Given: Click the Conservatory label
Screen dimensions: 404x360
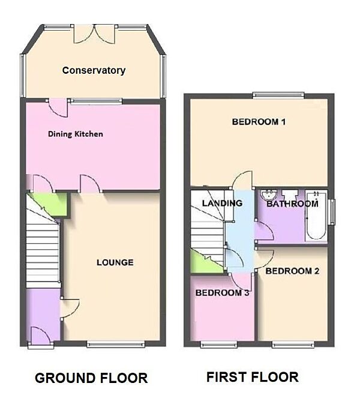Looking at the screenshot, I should pyautogui.click(x=94, y=70).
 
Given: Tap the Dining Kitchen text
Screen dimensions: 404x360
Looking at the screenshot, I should pyautogui.click(x=75, y=134).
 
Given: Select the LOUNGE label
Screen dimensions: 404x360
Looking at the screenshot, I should pyautogui.click(x=115, y=262).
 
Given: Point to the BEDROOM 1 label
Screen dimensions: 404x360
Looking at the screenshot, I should pyautogui.click(x=258, y=122).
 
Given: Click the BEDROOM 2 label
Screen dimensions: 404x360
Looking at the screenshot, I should pyautogui.click(x=292, y=271).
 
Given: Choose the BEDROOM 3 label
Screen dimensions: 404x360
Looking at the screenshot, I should pyautogui.click(x=223, y=293).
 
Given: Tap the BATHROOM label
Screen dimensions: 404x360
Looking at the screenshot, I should pyautogui.click(x=292, y=204).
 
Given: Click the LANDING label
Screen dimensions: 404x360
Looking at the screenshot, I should pyautogui.click(x=221, y=203).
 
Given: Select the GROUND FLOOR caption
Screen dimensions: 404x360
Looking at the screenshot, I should pyautogui.click(x=91, y=378).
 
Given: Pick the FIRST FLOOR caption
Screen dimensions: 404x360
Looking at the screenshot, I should pyautogui.click(x=252, y=377).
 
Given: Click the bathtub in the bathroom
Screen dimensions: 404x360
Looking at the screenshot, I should pyautogui.click(x=316, y=217).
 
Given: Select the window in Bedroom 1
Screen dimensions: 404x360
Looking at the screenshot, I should pyautogui.click(x=278, y=94).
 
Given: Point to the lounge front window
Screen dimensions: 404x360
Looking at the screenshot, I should pyautogui.click(x=115, y=344).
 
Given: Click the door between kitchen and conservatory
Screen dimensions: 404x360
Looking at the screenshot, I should pyautogui.click(x=58, y=107).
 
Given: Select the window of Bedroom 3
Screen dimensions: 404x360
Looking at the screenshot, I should pyautogui.click(x=218, y=344).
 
